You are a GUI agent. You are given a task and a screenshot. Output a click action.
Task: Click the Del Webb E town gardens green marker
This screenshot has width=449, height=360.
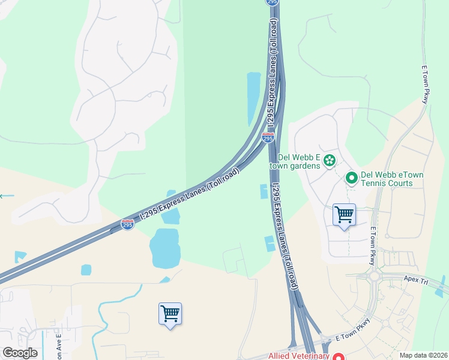coord(329,160)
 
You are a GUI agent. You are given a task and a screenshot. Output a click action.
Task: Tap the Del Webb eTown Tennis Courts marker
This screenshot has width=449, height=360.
coord(351,178)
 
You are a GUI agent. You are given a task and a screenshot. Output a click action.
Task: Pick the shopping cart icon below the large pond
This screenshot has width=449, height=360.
coord(170,314)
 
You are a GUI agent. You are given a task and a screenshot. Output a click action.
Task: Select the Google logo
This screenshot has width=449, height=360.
coord(20,353)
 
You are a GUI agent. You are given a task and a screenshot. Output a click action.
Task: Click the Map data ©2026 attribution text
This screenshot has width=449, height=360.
coord(422,355)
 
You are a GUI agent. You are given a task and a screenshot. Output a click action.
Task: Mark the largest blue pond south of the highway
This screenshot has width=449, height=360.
coord(164,247)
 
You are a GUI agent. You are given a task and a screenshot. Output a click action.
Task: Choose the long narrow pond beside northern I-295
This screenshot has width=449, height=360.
coord(254,98)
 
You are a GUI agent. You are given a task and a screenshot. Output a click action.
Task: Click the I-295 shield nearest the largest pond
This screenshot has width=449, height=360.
coord(127,224)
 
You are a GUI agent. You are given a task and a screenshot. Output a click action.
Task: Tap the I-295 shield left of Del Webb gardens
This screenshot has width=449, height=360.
coord(268,138)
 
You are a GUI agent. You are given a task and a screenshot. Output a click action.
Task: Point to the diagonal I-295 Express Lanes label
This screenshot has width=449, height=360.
coord(190,194)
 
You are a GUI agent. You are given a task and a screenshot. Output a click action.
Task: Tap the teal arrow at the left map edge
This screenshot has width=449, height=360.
coord(6,196)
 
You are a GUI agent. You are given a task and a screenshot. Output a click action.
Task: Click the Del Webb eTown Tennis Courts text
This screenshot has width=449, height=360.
coord(387,179)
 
